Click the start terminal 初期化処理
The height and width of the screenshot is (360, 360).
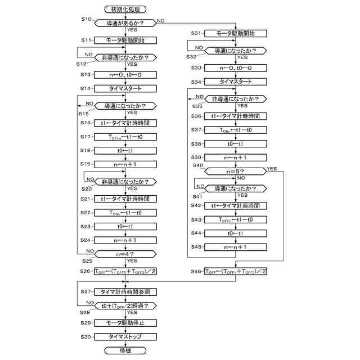(x=125, y=9)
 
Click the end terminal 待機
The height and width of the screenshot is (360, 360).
(x=125, y=350)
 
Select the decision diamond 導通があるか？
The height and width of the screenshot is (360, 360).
(x=125, y=23)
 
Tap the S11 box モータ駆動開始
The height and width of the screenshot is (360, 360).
(x=125, y=40)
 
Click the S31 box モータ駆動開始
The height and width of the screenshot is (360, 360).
(x=235, y=33)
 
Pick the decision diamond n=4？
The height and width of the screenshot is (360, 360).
(x=125, y=253)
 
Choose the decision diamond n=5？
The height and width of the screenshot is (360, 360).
(x=235, y=171)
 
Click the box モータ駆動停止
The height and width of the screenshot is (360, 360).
(x=125, y=323)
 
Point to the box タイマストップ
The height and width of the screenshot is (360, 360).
(x=125, y=336)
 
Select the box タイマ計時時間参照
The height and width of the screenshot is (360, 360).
(x=125, y=291)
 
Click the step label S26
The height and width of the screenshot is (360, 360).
(x=85, y=271)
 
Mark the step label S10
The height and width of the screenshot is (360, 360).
(x=85, y=19)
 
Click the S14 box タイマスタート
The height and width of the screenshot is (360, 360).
(x=125, y=88)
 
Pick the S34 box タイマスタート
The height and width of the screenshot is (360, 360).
(x=235, y=82)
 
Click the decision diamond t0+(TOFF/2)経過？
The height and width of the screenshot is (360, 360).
(x=125, y=305)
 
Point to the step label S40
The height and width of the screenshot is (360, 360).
(x=197, y=165)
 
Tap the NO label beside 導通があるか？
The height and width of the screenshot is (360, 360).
(x=161, y=20)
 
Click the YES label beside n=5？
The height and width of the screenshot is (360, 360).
(x=272, y=168)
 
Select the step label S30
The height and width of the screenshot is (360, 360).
(x=85, y=337)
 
